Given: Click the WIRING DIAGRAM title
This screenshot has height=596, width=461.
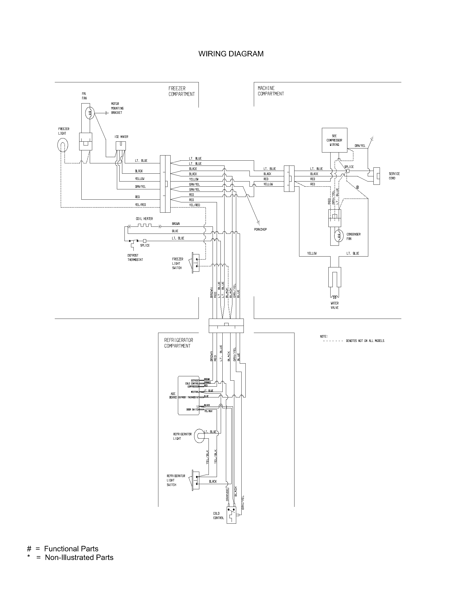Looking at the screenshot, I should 231,54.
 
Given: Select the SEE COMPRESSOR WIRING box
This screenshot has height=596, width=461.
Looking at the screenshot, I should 334,140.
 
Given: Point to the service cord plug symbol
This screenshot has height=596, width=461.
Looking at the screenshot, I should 377,176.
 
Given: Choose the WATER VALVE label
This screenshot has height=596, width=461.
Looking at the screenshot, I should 335,305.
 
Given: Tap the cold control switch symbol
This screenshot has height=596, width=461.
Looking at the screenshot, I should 231,515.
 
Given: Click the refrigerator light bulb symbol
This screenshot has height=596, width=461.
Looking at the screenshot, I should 199,436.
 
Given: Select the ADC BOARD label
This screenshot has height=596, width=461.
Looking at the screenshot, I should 173,396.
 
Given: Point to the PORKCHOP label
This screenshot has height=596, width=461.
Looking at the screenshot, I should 260,229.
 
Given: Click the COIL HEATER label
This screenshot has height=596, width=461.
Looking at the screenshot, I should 144,219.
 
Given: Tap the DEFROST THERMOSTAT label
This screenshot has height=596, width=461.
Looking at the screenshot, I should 135,258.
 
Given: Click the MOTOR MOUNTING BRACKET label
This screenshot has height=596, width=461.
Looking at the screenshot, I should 117,108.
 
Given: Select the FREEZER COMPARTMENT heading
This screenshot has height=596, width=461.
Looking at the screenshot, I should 181,91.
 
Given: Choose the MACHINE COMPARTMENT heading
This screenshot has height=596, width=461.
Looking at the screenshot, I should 271,91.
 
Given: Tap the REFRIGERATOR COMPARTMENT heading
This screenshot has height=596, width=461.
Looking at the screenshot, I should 179,343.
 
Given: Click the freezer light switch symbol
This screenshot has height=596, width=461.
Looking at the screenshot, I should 195,263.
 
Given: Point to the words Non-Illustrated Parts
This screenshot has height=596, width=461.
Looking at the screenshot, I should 79,557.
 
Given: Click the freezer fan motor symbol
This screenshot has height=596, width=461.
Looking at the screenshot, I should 89,113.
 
